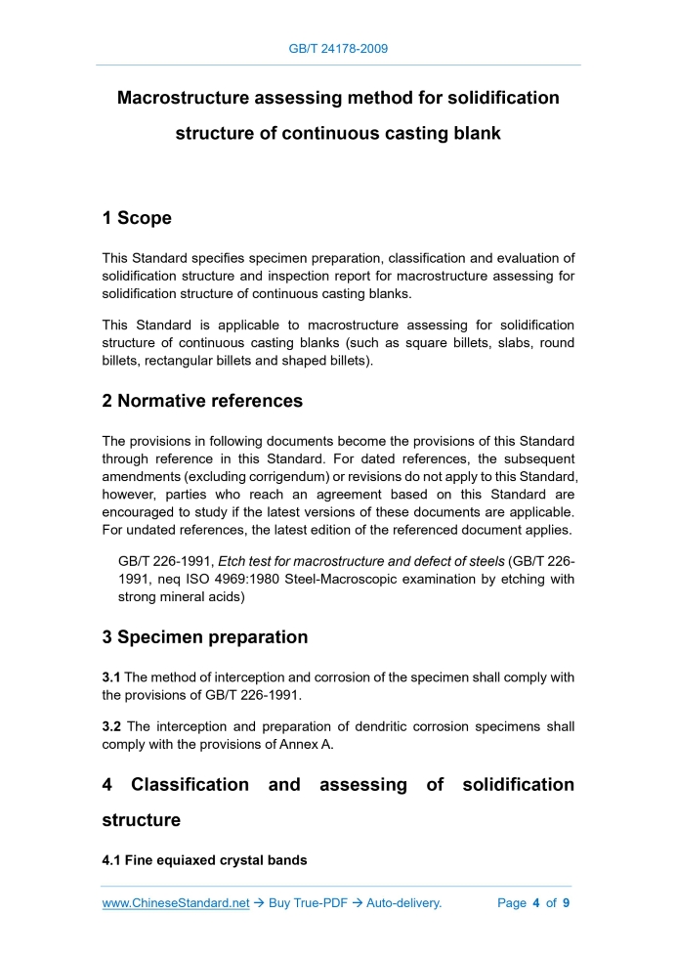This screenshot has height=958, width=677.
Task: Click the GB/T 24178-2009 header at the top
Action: coord(338,48)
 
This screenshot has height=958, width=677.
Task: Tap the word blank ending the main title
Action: coord(472,133)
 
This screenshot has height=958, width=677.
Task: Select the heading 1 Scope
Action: coord(137,218)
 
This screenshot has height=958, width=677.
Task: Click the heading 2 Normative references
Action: coord(202,401)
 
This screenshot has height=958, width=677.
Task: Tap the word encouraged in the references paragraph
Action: coord(147,512)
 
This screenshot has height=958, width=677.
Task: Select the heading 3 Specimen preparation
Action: coord(205,637)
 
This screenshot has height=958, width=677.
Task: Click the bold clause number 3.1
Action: coord(110,677)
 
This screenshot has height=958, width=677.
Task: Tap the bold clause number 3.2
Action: coord(110,726)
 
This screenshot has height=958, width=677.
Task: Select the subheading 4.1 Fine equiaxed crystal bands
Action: coord(204,860)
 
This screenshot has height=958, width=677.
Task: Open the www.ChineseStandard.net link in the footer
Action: coord(176,903)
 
